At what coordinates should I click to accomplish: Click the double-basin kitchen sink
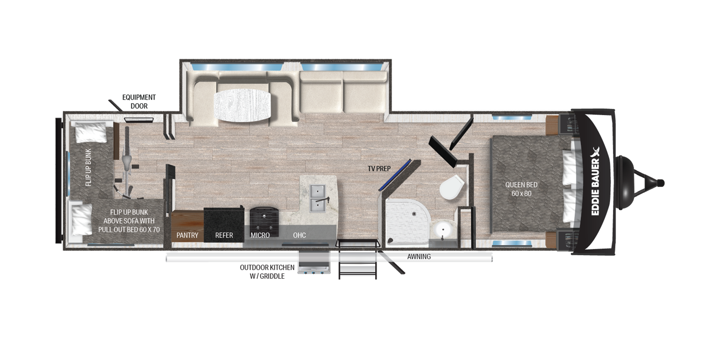319,199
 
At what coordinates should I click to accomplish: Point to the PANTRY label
187,235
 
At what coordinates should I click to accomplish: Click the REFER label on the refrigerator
224,235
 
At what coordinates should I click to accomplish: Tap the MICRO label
260,235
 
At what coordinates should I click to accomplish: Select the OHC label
299,235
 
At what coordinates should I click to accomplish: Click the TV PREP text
379,169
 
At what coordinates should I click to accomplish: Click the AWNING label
419,257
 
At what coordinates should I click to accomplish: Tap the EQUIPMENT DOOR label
139,102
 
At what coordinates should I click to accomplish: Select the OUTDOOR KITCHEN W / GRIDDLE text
267,272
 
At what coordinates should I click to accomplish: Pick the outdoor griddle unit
315,262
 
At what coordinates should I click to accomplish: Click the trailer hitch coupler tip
662,183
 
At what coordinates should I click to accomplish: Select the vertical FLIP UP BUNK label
88,167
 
